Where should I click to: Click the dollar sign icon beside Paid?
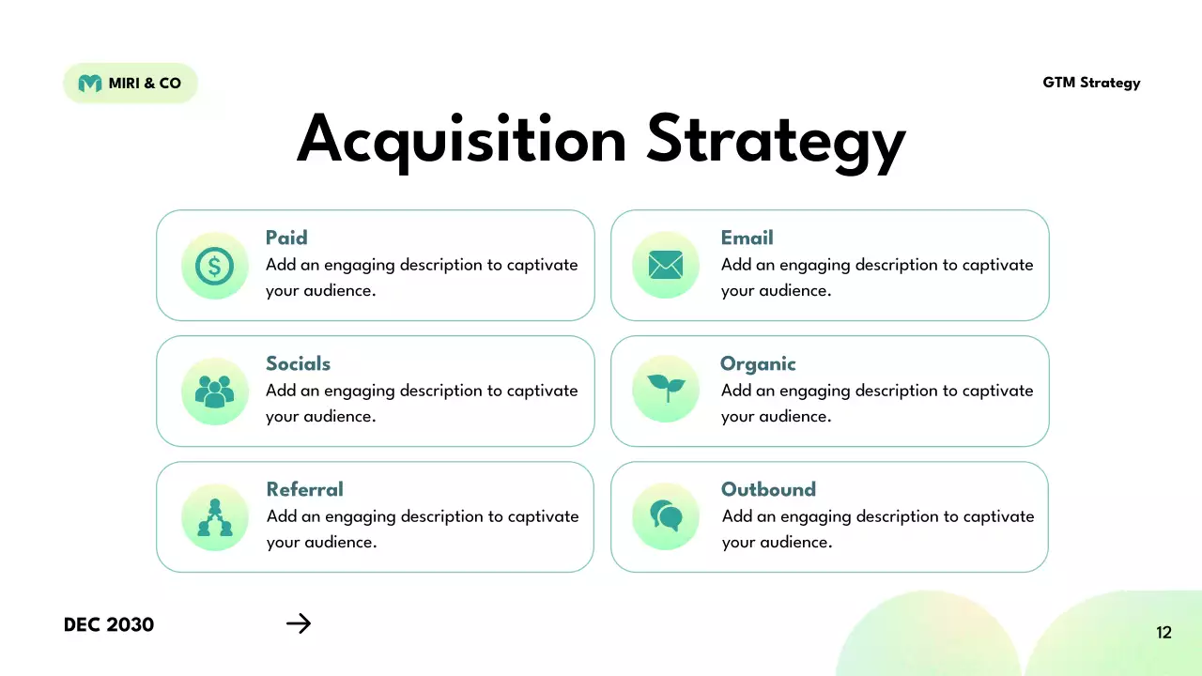[x=214, y=266]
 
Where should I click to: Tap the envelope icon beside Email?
[x=666, y=266]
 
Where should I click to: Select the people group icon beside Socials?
[x=214, y=391]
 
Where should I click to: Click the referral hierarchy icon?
[x=214, y=517]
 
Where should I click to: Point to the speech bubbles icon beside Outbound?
[x=666, y=515]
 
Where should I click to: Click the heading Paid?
[x=286, y=238]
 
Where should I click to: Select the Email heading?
[x=747, y=238]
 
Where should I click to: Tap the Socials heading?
[x=298, y=363]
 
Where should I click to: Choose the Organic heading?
[x=758, y=363]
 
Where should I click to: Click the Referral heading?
[x=304, y=489]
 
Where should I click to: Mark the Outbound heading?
[x=768, y=489]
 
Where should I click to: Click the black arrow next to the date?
[x=299, y=623]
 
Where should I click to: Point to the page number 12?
[x=1163, y=633]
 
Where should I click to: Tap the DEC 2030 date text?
[x=109, y=624]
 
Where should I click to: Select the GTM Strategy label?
[x=1091, y=83]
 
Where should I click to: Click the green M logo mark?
[x=90, y=84]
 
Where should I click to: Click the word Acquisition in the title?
[x=461, y=139]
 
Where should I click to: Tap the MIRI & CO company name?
[x=145, y=84]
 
